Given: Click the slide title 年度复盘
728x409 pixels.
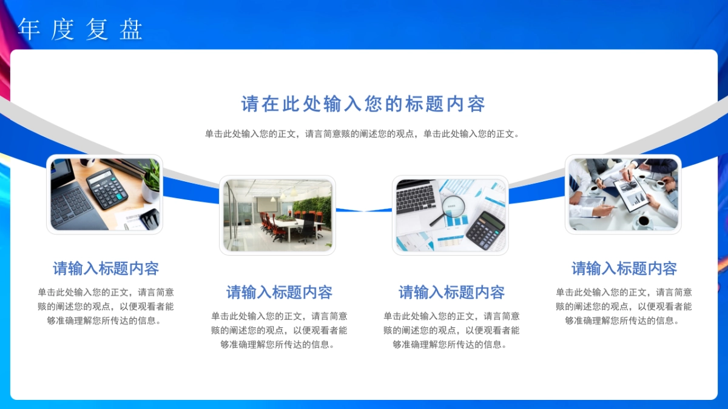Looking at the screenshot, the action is [80, 29].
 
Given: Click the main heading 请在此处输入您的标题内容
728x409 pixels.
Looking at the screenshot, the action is [363, 104].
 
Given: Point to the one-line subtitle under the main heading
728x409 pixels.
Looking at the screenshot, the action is [362, 134].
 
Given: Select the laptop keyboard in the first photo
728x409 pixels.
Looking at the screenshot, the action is [71, 205].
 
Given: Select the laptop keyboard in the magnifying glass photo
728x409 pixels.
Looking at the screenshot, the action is [416, 199].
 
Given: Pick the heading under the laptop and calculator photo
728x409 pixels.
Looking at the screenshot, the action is [106, 268].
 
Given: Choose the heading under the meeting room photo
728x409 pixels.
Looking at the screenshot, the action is [279, 292].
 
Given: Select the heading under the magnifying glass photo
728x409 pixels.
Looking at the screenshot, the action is [451, 292].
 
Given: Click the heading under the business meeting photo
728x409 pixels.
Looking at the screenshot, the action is [624, 268].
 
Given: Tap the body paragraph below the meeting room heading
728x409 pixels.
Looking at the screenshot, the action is [279, 330].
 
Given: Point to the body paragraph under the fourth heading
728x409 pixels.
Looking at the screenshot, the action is [624, 307].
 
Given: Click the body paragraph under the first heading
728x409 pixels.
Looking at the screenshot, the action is [106, 307].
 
